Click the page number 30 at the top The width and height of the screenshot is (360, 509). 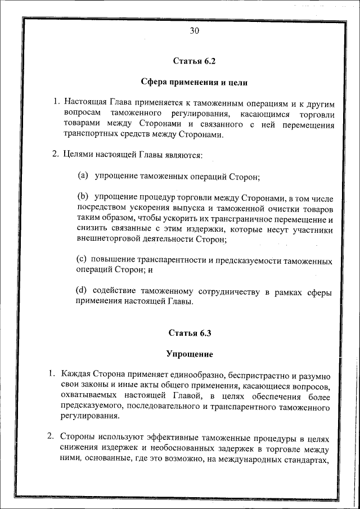click(194, 31)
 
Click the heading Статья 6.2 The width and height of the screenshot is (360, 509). click(194, 61)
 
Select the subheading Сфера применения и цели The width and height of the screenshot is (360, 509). click(194, 82)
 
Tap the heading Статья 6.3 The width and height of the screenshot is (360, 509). click(190, 333)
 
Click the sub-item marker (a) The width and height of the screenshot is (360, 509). click(83, 176)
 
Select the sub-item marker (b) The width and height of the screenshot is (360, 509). click(83, 197)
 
